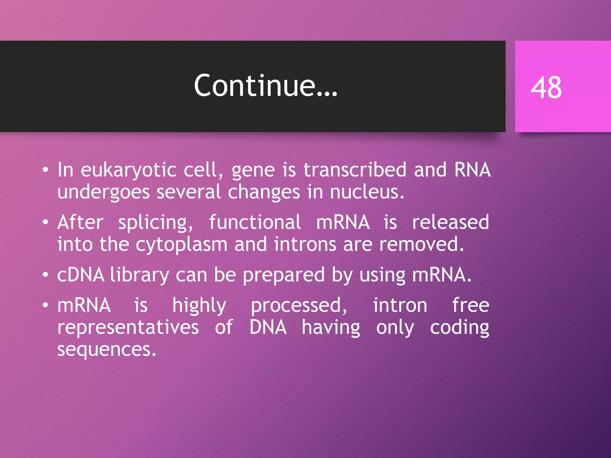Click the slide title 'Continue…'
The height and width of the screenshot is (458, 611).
[266, 86]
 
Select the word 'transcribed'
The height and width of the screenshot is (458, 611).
[355, 170]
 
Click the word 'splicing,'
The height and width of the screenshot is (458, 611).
[155, 223]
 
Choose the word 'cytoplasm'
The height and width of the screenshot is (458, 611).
[181, 245]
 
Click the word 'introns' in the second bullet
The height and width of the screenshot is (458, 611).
[305, 244]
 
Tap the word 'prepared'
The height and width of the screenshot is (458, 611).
[283, 276]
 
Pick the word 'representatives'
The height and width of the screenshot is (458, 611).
[128, 327]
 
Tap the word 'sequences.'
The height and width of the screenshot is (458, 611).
[107, 349]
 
